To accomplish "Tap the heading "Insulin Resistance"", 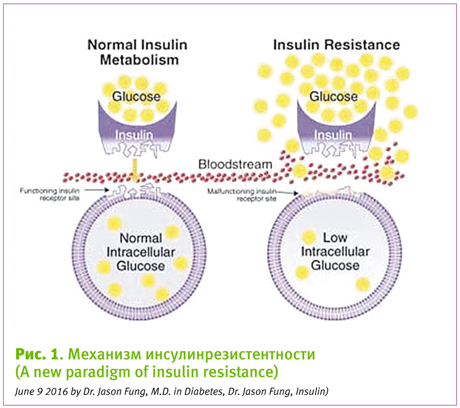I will [x=336, y=45].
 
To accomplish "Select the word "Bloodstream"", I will [x=235, y=164].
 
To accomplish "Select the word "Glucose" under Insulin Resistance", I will [x=333, y=97].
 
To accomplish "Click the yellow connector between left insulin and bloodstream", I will [x=134, y=169].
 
